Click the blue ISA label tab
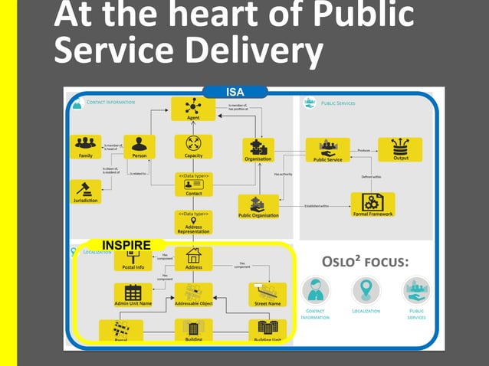pos(235,93)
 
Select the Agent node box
pos(193,109)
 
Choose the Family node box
pos(85,146)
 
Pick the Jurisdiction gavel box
pos(85,191)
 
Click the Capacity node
pos(193,146)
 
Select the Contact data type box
pos(193,185)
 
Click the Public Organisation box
pos(258,206)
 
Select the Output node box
pos(399,149)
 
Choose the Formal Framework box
pos(372,204)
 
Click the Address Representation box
pos(193,222)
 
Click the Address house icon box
pos(193,259)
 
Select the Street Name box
pos(267,295)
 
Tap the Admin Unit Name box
pos(133,295)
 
